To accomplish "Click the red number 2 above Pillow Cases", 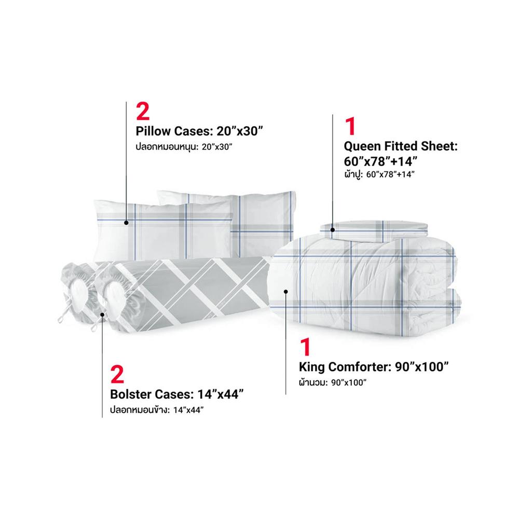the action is [143, 111].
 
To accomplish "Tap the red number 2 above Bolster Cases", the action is [117, 375].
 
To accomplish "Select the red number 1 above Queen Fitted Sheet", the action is [350, 126].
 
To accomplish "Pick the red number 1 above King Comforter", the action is [305, 347].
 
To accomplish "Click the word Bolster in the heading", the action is [131, 394].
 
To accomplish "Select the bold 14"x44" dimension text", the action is [221, 394].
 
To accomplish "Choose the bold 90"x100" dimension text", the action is [421, 367].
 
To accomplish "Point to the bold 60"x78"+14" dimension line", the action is [380, 161].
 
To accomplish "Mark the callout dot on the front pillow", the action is [126, 223].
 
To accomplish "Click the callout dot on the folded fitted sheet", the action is [333, 230].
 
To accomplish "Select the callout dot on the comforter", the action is [286, 291].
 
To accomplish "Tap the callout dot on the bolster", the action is [103, 315].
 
